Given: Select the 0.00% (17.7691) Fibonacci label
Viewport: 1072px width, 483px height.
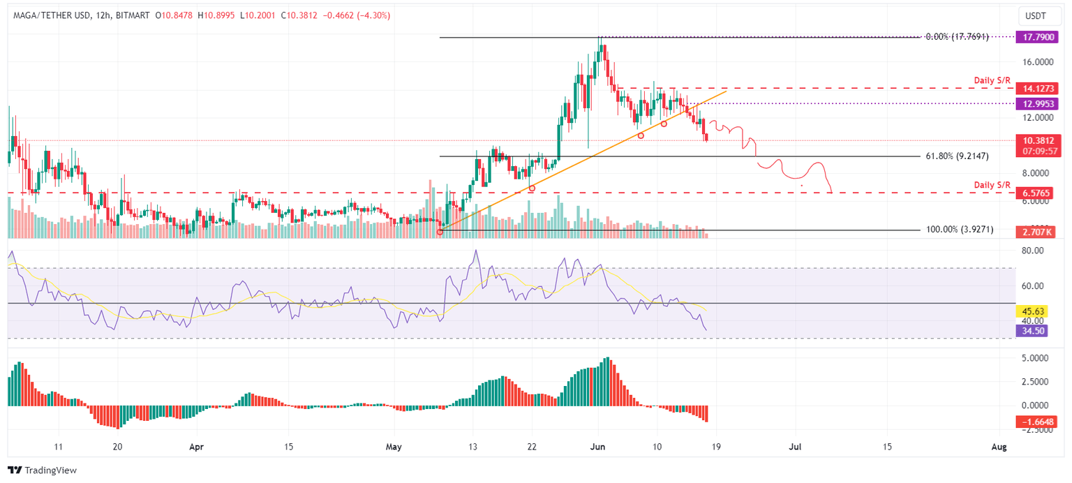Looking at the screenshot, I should click(x=956, y=36).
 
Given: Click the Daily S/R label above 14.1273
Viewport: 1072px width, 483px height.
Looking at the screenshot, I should click(x=992, y=81).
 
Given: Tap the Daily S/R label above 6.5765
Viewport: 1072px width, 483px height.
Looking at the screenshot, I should click(x=992, y=184).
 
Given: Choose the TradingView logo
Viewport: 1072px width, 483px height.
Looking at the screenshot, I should click(x=42, y=470).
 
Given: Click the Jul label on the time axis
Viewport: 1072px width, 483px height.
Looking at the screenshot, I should click(x=794, y=446).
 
